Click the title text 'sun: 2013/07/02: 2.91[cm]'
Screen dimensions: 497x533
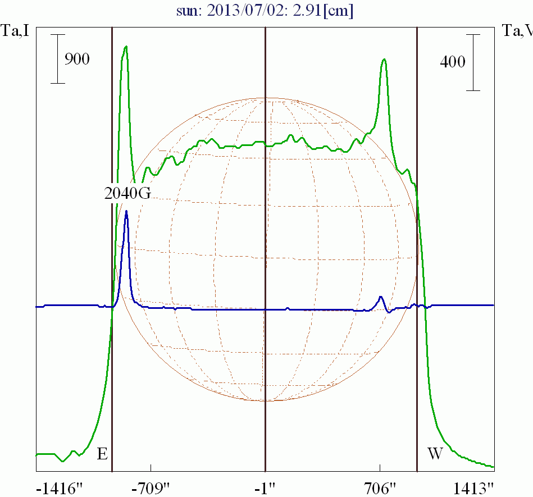tap(265, 11)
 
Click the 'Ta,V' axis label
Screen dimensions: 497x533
tap(517, 31)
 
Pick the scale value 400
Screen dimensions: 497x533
tap(452, 62)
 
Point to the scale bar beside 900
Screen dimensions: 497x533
tap(58, 59)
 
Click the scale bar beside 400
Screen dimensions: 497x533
tap(475, 62)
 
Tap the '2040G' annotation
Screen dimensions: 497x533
tap(128, 193)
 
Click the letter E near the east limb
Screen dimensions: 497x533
tap(102, 454)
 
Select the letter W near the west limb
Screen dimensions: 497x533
tap(435, 454)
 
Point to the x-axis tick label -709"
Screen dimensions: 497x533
tap(151, 486)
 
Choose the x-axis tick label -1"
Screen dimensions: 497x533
tap(265, 486)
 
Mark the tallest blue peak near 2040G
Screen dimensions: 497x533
tap(126, 212)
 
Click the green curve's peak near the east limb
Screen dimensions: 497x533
tap(126, 47)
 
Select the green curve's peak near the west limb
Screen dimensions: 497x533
tap(384, 60)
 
